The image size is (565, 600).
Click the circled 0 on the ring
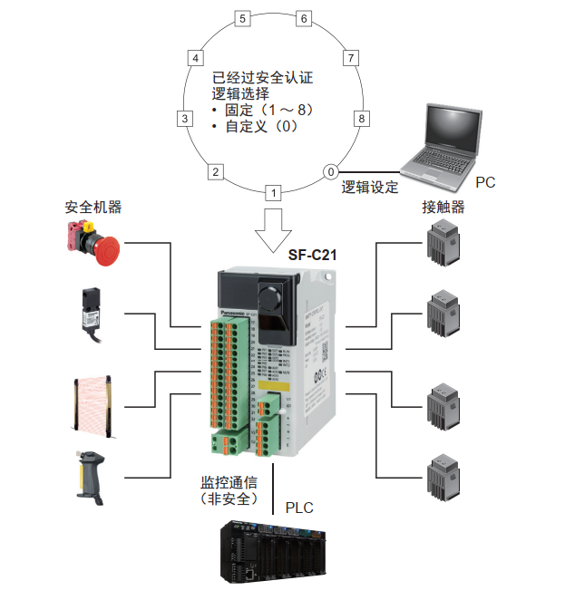[x=331, y=171]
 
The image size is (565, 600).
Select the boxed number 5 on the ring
[x=241, y=18]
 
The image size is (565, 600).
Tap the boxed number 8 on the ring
[x=362, y=119]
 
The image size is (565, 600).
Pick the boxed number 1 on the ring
[x=273, y=192]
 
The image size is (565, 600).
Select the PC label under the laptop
[x=485, y=182]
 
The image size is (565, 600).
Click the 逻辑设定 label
[x=370, y=188]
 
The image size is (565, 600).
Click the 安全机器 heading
[x=93, y=207]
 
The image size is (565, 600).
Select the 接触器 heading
[x=443, y=207]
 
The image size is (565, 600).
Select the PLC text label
[x=299, y=508]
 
